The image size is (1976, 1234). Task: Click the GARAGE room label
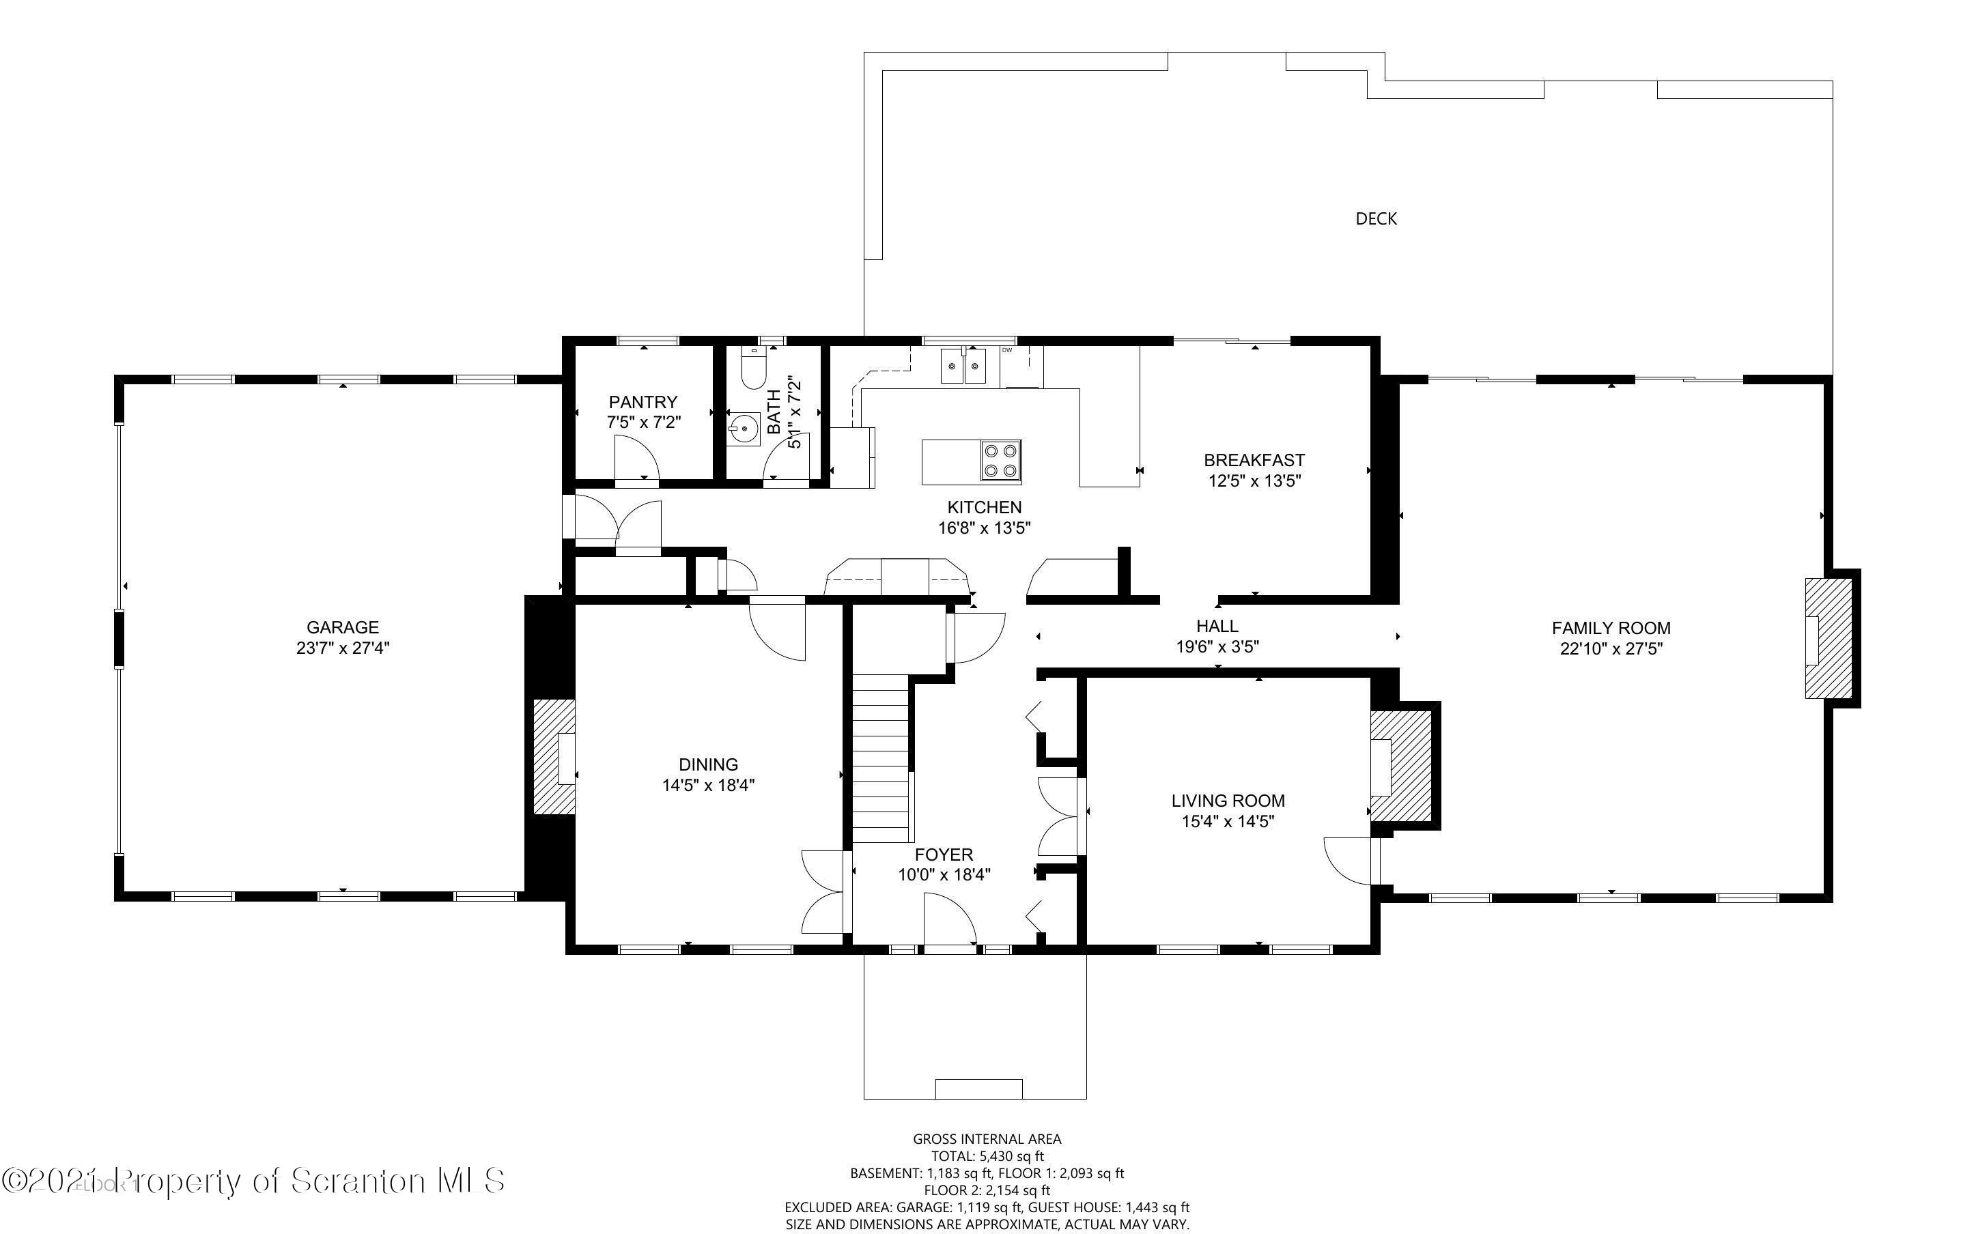pos(343,627)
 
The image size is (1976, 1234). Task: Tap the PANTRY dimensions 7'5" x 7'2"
pos(643,422)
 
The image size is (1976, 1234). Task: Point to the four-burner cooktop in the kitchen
pos(1001,461)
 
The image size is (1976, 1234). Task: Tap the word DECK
pos(1376,218)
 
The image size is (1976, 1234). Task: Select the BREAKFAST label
pos(1254,459)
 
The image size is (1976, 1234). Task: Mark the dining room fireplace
pos(554,756)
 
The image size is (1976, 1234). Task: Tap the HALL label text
pos(1217,626)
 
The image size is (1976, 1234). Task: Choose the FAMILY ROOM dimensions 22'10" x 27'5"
pos(1611,649)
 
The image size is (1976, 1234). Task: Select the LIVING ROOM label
pos(1228,801)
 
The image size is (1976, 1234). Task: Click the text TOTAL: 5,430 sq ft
pos(987,1156)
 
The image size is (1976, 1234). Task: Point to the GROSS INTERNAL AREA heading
pos(987,1138)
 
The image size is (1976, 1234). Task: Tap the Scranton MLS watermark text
pos(253,1181)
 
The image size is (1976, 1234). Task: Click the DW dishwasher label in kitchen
pos(1006,351)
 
